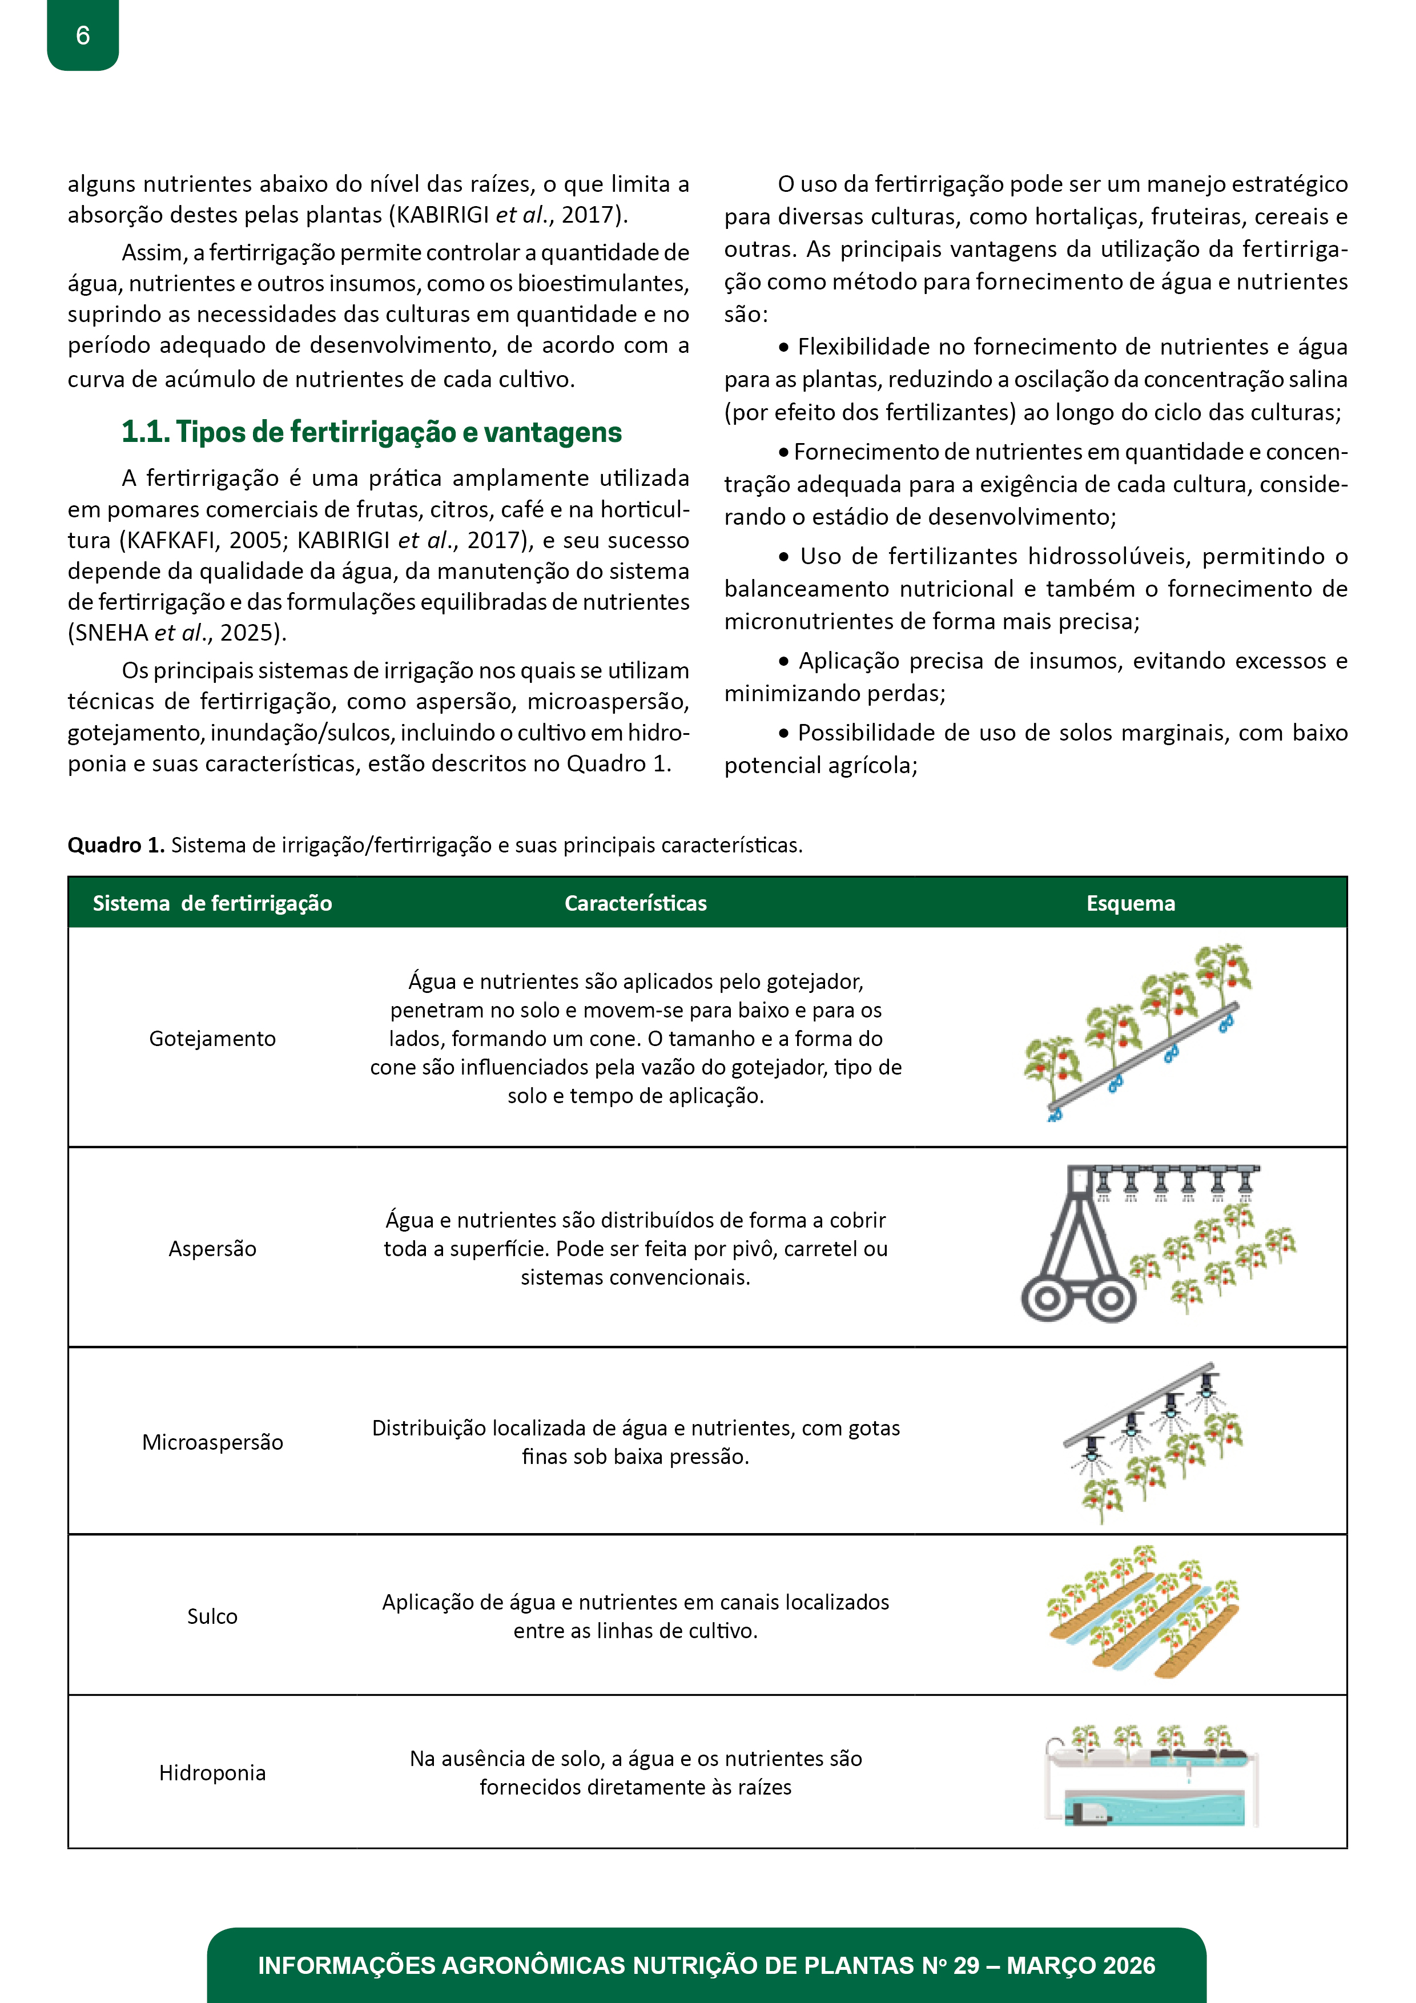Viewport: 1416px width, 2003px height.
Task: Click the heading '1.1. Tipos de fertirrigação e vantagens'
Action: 372,432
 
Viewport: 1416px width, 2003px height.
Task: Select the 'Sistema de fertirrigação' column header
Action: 212,903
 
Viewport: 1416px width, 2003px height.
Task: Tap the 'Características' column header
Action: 635,903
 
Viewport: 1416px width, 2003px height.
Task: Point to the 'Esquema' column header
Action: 1130,903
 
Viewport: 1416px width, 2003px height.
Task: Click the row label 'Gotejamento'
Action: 212,1038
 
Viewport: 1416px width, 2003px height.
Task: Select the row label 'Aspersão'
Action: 212,1248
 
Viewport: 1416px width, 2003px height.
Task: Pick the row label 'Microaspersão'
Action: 212,1442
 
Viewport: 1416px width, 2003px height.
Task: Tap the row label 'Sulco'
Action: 212,1616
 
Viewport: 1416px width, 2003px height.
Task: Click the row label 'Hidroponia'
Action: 212,1773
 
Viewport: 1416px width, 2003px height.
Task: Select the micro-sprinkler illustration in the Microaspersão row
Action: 1152,1439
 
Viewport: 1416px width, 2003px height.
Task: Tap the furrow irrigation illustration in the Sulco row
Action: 1143,1614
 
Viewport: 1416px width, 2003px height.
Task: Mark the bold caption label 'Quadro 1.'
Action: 116,846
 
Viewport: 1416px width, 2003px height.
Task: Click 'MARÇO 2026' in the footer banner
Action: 1080,1965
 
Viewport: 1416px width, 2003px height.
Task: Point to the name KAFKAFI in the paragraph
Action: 171,541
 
